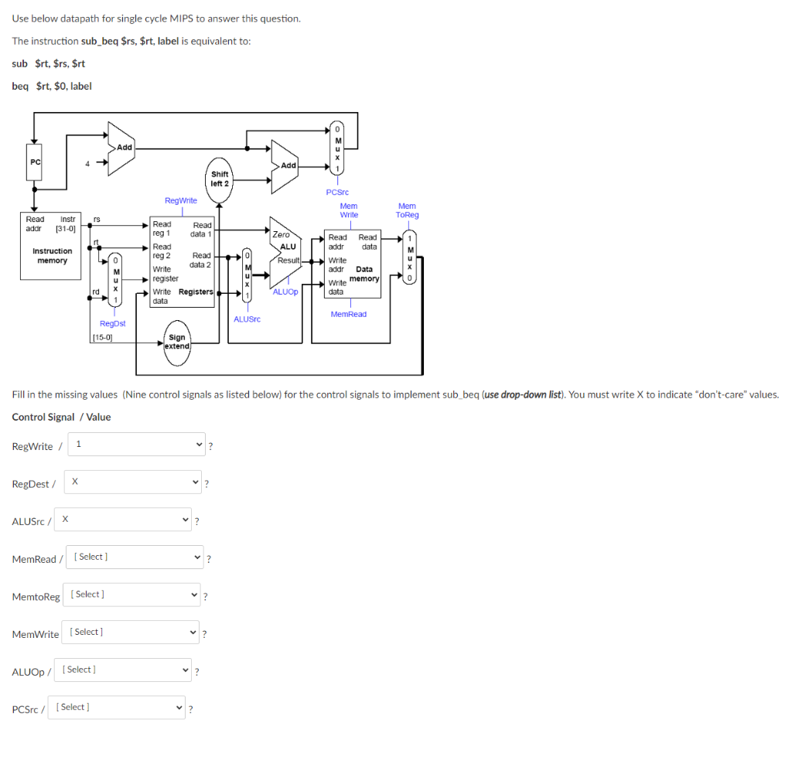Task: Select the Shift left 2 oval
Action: [220, 179]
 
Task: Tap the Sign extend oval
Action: [177, 342]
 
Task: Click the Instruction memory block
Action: [52, 255]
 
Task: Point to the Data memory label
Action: [364, 274]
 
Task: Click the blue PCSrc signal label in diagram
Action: [337, 192]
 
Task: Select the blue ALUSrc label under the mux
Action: [247, 319]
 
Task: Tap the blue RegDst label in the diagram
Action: [112, 323]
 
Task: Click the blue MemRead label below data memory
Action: [348, 314]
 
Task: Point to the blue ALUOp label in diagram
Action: [285, 292]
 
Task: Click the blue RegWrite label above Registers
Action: [180, 200]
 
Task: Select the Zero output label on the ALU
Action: [282, 234]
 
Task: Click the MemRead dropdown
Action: [138, 557]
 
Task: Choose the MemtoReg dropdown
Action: [134, 595]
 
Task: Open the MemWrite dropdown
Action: [132, 633]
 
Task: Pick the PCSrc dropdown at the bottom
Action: [117, 708]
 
